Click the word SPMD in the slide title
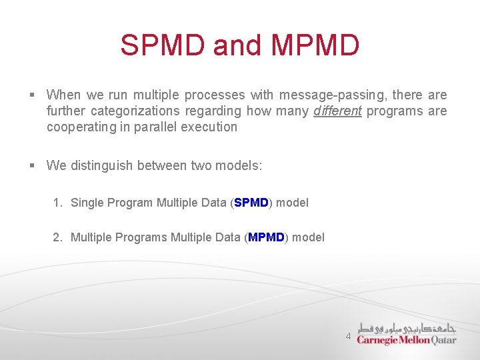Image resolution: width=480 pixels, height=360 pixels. click(163, 45)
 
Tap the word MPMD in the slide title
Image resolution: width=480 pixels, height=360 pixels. click(315, 45)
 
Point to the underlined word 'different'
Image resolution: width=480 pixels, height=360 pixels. click(337, 111)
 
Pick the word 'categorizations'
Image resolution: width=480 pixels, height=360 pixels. click(135, 111)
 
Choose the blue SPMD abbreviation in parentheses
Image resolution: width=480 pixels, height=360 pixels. click(251, 203)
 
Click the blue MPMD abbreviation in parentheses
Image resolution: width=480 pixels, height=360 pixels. click(266, 237)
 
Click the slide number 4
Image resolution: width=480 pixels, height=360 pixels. click(348, 337)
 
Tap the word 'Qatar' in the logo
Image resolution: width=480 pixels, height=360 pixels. click(444, 340)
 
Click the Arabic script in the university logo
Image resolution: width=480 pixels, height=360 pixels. click(407, 328)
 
